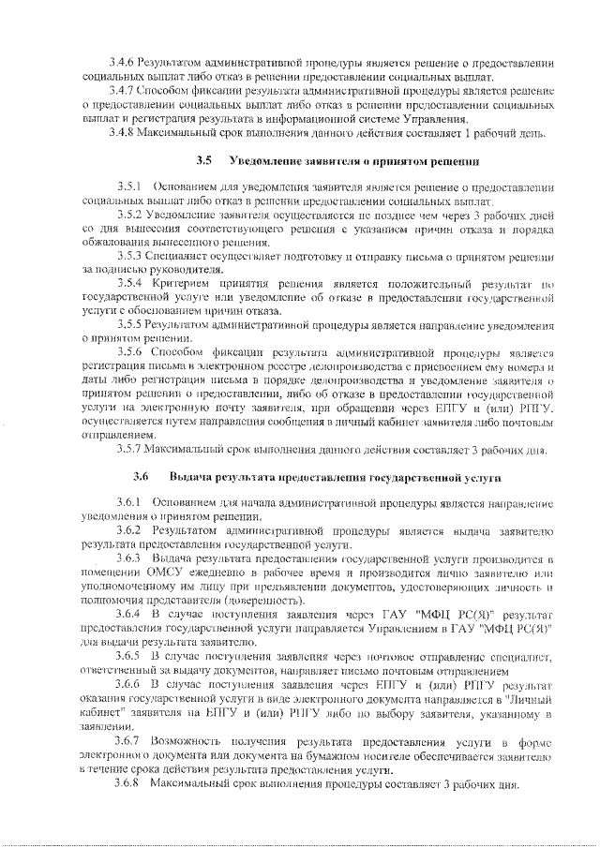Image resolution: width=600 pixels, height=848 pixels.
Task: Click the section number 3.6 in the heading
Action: [x=142, y=478]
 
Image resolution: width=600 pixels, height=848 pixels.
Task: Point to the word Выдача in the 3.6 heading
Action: [x=190, y=478]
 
